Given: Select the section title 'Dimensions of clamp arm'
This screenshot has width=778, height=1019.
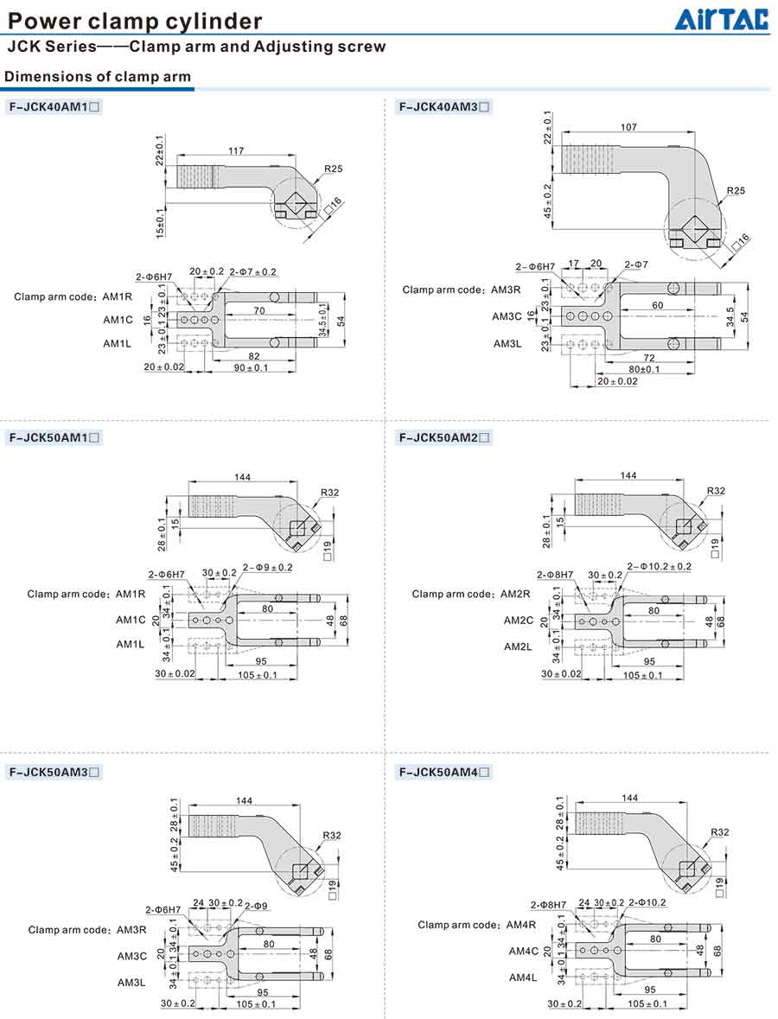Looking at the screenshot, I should (98, 77).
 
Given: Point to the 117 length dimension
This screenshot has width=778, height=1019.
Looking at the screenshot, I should (235, 151).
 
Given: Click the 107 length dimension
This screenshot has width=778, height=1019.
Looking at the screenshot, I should (628, 127).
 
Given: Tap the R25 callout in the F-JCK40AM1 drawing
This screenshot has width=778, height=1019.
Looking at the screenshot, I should (335, 169).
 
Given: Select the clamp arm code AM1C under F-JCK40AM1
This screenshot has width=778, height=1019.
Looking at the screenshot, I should (118, 320).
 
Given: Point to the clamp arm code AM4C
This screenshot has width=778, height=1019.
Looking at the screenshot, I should (524, 951).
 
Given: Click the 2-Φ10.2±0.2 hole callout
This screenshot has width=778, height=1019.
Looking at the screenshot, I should (659, 566).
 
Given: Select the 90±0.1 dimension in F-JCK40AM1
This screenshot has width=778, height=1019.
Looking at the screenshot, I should (250, 368).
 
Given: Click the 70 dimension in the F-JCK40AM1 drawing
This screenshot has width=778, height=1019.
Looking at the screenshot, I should (259, 309).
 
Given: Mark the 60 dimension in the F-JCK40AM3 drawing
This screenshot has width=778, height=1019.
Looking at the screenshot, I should (658, 306).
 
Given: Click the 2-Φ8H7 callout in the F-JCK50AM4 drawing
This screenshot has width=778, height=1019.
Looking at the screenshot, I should (548, 904).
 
